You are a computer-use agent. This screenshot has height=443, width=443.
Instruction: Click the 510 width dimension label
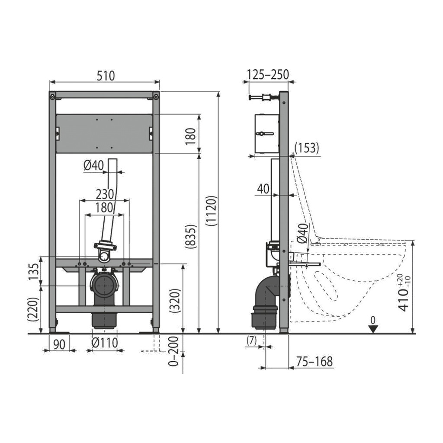106,76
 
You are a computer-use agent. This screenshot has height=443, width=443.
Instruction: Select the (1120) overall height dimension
212,211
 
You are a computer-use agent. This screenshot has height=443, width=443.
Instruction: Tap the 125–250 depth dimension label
268,74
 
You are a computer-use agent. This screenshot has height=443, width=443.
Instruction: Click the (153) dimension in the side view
307,148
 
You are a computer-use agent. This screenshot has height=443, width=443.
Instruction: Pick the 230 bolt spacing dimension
105,194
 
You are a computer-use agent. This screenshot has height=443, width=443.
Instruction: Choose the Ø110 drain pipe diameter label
105,343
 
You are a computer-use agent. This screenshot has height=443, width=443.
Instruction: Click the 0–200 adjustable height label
173,351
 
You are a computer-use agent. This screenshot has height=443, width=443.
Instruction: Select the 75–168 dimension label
315,361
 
